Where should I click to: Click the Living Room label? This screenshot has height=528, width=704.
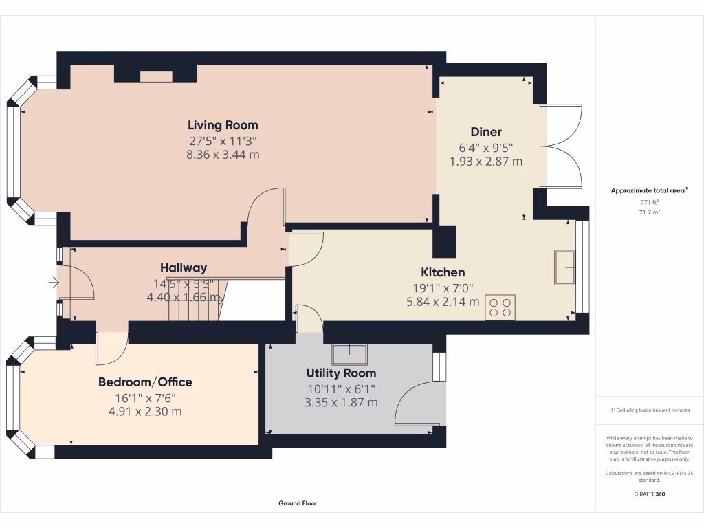223,125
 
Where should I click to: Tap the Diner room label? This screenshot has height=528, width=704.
485,132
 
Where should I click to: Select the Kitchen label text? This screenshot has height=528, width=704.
443,272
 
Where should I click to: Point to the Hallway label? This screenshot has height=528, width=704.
184,268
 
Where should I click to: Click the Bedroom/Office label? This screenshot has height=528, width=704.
145,382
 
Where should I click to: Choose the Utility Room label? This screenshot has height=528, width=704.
341,373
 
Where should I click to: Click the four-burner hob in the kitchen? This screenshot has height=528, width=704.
500,307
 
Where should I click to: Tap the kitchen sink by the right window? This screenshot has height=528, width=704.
565,267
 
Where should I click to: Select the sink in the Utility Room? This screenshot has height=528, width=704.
349,354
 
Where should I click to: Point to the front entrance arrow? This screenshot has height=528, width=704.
54,282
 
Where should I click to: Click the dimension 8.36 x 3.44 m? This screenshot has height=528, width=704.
223,155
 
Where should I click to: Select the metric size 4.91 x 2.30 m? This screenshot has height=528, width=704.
145,412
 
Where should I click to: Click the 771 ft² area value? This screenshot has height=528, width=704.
649,202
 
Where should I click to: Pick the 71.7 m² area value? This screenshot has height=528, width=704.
649,212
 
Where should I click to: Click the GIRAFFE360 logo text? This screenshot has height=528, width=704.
649,494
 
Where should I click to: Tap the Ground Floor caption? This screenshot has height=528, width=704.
298,503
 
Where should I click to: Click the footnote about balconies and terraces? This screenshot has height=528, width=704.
649,410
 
